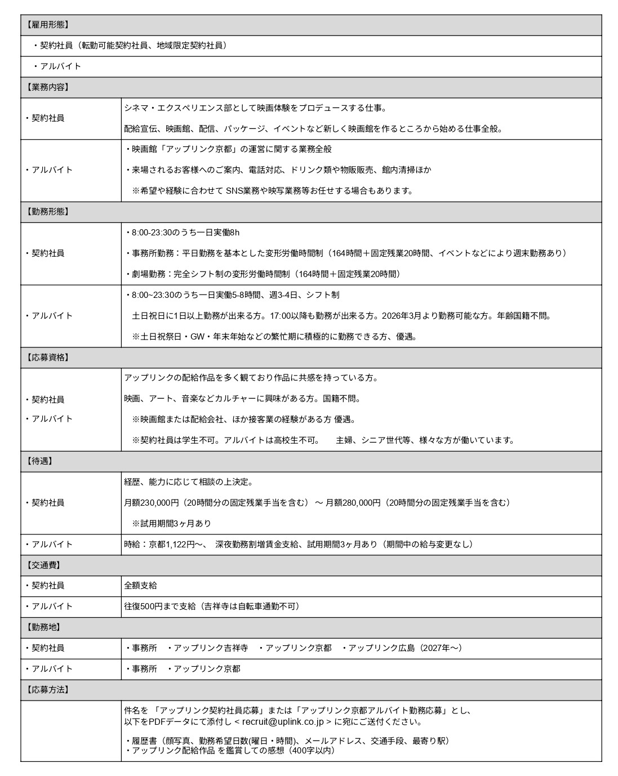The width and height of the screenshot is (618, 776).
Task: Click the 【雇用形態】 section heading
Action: click(47, 25)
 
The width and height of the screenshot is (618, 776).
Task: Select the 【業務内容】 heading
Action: click(47, 87)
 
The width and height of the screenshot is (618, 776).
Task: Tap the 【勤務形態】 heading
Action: click(47, 212)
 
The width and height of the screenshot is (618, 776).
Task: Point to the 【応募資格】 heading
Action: click(47, 357)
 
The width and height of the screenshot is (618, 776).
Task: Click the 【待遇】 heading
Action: click(39, 461)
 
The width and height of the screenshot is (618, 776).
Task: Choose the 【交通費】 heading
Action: click(43, 565)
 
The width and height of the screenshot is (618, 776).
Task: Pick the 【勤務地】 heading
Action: click(43, 627)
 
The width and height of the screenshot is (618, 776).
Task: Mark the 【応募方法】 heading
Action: click(47, 690)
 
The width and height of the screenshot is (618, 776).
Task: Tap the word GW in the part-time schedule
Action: click(197, 337)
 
